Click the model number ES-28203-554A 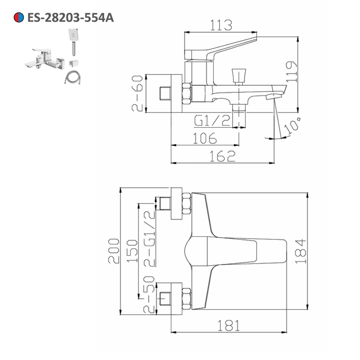[x=71, y=18]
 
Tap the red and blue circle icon [x=19, y=17]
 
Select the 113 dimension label [x=221, y=25]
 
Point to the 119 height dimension [x=292, y=71]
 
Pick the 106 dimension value [x=205, y=138]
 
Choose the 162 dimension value [x=222, y=156]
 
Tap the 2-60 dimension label [x=137, y=94]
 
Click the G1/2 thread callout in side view [x=212, y=121]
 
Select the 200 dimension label [x=114, y=251]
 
